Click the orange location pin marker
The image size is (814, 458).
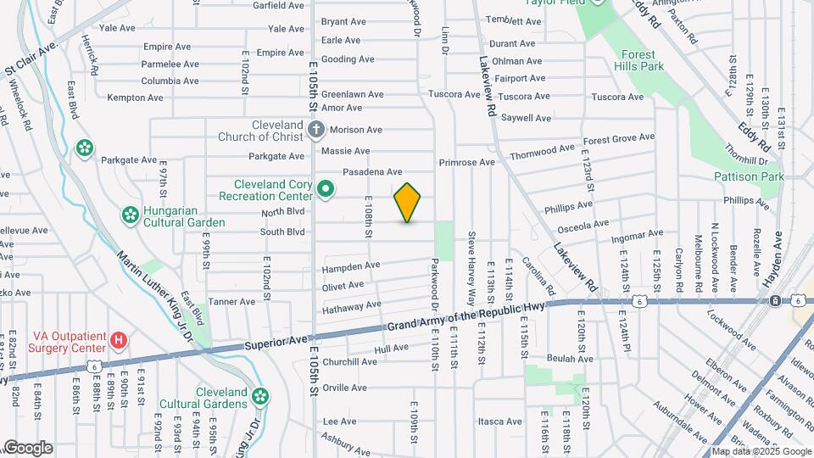408,202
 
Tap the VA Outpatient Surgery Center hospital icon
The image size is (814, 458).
120,341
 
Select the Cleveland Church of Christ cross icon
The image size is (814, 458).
316,130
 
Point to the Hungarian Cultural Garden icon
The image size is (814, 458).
130,216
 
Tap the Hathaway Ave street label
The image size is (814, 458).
352,305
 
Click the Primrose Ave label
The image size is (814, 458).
466,162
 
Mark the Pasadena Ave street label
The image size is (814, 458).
371,172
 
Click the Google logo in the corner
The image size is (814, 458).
28,448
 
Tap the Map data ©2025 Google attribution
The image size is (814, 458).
761,451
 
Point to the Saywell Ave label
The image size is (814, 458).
526,118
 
